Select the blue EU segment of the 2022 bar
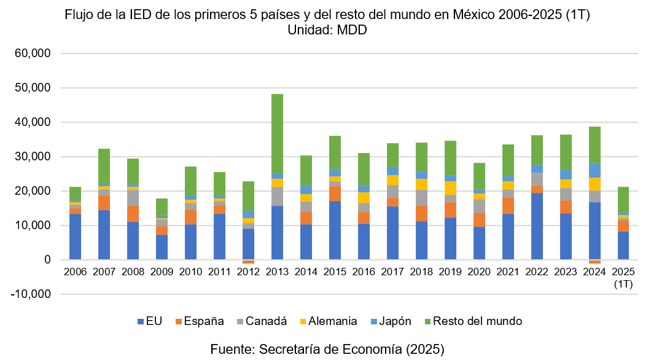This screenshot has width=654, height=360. (x=537, y=226)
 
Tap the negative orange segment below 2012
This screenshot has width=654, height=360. (x=248, y=262)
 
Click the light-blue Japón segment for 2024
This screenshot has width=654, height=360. (x=595, y=170)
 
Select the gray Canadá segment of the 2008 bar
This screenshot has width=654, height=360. (x=133, y=198)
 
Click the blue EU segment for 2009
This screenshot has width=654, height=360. (x=162, y=247)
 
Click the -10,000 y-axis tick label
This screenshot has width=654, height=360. (x=29, y=294)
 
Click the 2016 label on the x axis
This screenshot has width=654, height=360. (x=364, y=271)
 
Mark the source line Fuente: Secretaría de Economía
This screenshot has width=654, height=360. (x=327, y=349)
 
